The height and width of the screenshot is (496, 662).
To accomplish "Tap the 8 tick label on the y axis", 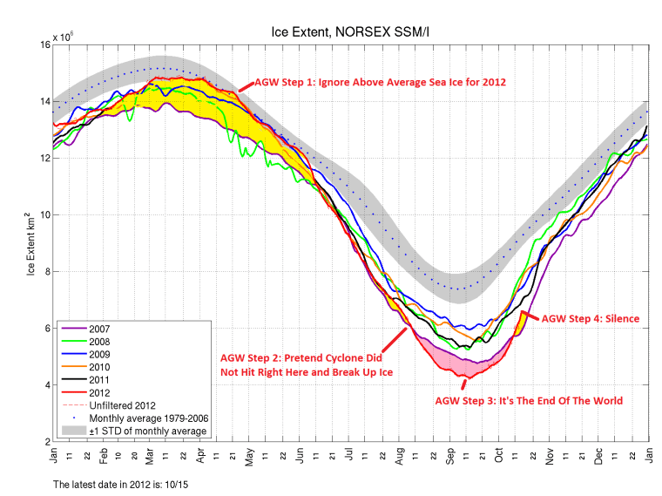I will [x=44, y=271].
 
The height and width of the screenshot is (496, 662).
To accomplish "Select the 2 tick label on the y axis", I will [x=44, y=441].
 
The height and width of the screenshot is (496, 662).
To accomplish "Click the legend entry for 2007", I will [x=95, y=329].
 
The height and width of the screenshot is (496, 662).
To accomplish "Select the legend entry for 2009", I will [x=95, y=354].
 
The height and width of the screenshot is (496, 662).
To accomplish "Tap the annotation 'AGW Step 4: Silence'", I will [x=591, y=319].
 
